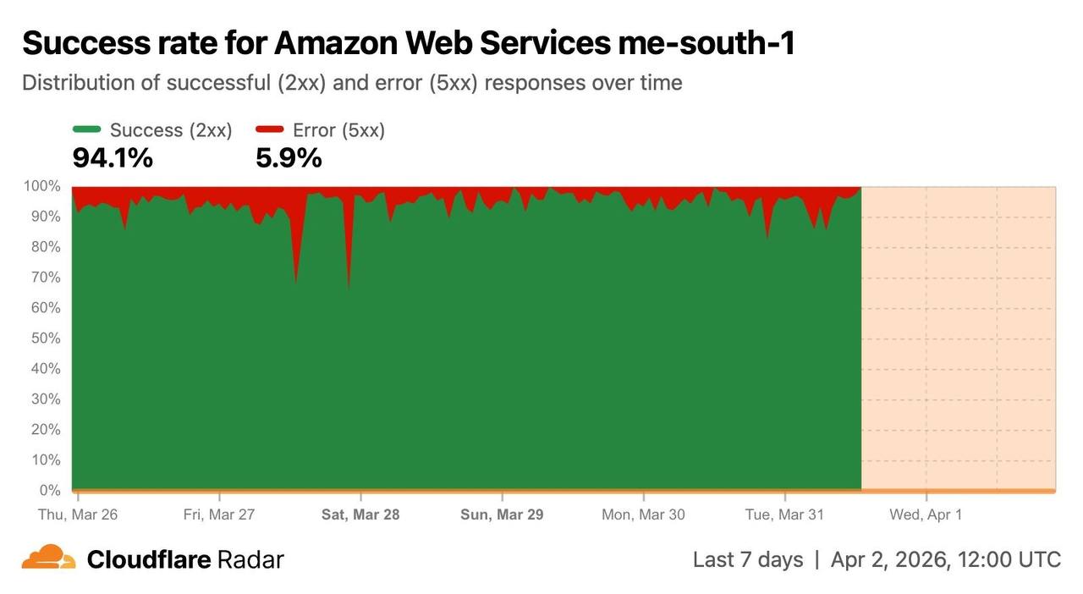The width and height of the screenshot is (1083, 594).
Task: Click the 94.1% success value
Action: point(113,157)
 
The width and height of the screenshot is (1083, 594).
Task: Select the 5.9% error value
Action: point(289,157)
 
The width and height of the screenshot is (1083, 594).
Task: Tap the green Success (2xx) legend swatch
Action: point(87,129)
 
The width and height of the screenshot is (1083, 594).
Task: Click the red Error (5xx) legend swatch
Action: point(270,129)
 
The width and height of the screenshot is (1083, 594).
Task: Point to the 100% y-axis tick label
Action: point(42,186)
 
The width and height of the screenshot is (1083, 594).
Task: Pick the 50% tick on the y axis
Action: point(46,338)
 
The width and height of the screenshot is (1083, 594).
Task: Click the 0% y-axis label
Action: point(50,491)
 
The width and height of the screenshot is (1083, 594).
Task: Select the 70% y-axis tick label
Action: point(46,278)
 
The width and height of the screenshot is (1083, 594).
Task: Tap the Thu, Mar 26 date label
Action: point(78,514)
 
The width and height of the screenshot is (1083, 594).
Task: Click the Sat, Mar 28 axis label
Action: point(360,514)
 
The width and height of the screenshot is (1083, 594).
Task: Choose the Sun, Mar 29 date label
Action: point(502,514)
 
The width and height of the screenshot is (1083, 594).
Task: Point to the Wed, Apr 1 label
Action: point(926,514)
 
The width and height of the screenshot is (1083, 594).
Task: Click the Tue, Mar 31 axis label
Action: point(784,514)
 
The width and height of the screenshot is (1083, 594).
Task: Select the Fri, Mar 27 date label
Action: point(219,514)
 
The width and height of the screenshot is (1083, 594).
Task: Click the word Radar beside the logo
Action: point(250,559)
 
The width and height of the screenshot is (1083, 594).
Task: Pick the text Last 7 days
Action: point(748,559)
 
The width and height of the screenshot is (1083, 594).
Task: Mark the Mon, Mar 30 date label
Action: point(643,514)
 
